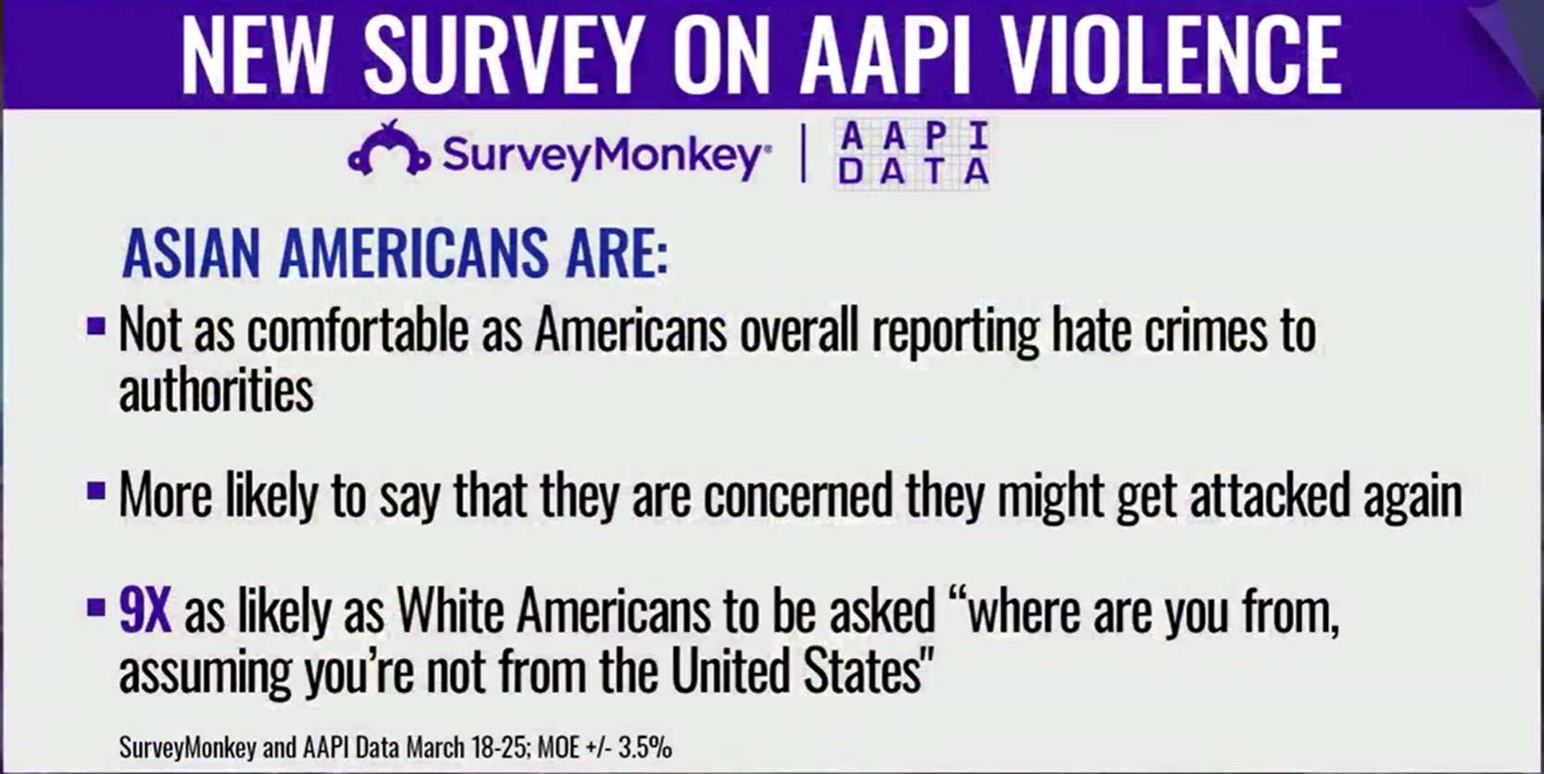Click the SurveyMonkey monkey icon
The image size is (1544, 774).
pyautogui.click(x=389, y=150)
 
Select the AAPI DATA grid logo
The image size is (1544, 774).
pyautogui.click(x=912, y=155)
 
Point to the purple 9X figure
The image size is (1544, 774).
pyautogui.click(x=144, y=611)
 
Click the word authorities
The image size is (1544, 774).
pyautogui.click(x=217, y=390)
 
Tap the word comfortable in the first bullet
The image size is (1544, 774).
pyautogui.click(x=358, y=331)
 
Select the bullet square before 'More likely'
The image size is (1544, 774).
pyautogui.click(x=96, y=491)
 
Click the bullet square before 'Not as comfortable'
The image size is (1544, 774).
pyautogui.click(x=96, y=325)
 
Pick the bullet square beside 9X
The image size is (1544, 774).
pyautogui.click(x=96, y=608)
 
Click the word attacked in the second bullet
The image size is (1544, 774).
pyautogui.click(x=1269, y=495)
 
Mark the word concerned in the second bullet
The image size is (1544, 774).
pyautogui.click(x=798, y=495)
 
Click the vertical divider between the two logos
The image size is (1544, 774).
pyautogui.click(x=803, y=155)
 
